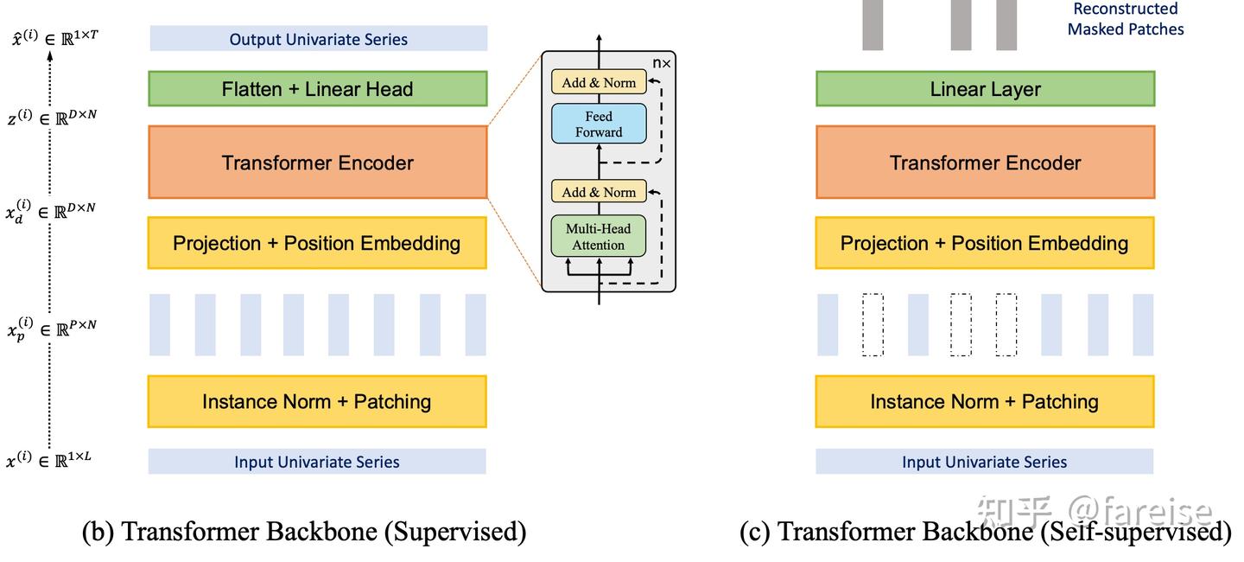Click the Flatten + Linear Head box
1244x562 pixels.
point(318,89)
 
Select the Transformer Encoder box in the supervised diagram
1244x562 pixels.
point(318,163)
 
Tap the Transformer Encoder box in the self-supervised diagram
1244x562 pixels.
point(985,163)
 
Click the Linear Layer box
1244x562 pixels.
point(985,89)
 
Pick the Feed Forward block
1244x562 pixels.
point(599,124)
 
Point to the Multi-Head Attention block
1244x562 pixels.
point(599,236)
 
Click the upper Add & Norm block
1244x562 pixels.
point(599,83)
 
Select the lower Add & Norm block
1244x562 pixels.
point(599,192)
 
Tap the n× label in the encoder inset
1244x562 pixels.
point(661,63)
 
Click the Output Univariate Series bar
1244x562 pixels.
point(318,39)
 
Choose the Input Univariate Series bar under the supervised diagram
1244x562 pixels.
point(317,462)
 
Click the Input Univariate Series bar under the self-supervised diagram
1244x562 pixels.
point(985,462)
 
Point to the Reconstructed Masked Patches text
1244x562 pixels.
point(1125,19)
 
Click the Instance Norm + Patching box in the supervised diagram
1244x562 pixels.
point(317,401)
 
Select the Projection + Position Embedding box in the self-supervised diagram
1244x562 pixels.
point(985,243)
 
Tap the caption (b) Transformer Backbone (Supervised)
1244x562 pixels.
point(304,531)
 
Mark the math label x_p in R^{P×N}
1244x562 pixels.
point(52,328)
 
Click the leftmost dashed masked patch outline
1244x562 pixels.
point(873,325)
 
